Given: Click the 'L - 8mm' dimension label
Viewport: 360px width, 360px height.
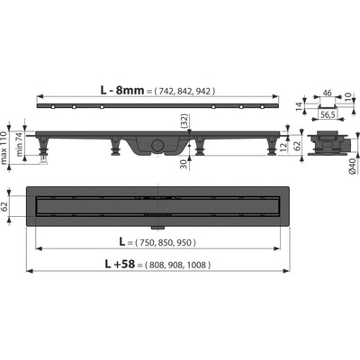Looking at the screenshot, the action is [122, 90].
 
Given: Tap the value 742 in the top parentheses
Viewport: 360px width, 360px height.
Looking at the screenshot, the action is [166, 91].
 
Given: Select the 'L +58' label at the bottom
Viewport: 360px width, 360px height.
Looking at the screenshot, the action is [120, 264].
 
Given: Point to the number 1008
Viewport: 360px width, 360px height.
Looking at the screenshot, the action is [196, 265].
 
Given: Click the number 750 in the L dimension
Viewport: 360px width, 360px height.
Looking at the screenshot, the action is [145, 242].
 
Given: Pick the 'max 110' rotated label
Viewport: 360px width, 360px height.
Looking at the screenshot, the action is [4, 148].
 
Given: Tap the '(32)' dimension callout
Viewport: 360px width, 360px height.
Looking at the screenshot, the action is [185, 121].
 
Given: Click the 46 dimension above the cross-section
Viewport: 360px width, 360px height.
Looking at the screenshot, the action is [328, 93].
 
